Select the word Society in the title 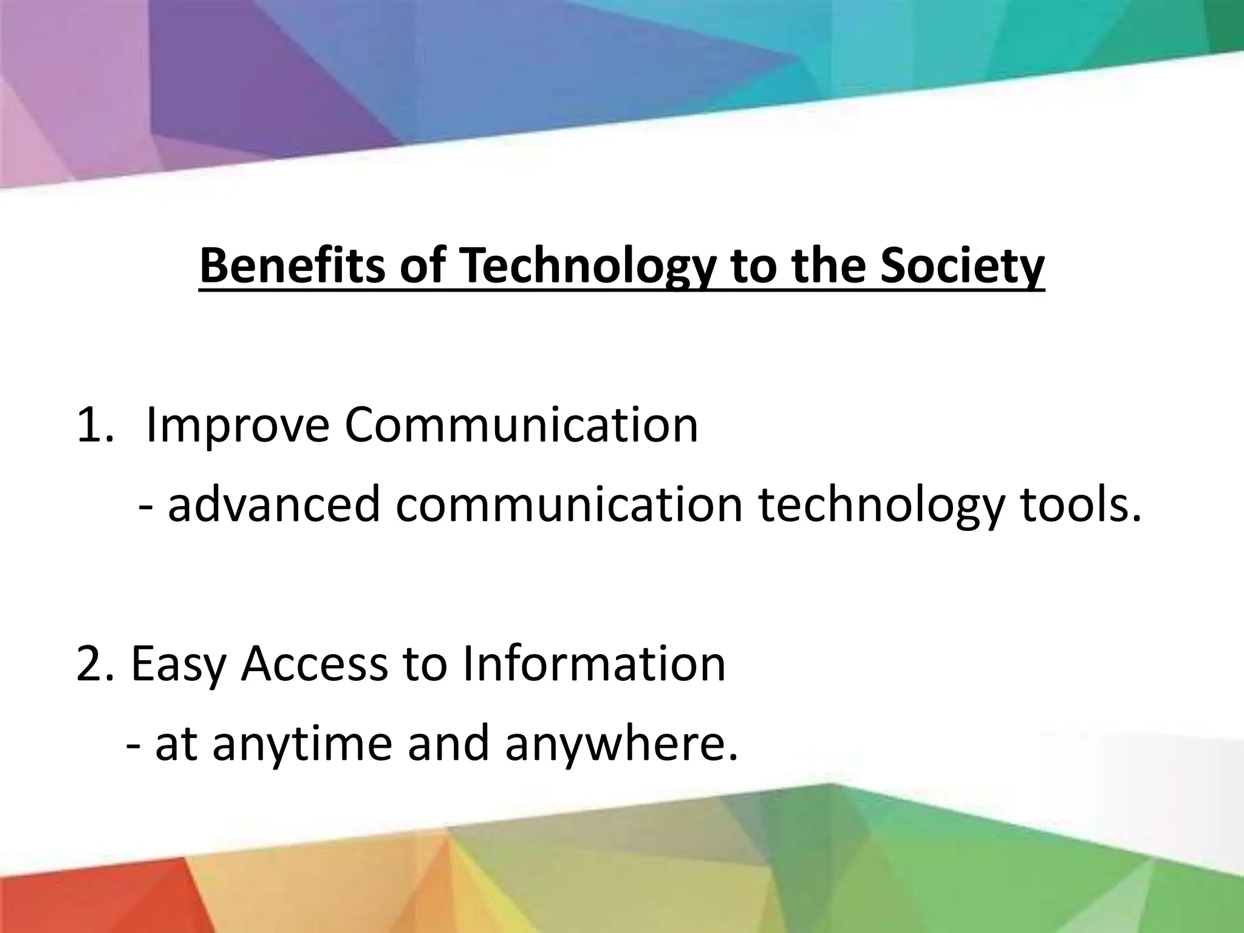[x=962, y=267]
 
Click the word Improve [x=238, y=426]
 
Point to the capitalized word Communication [x=521, y=425]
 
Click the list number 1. [x=92, y=426]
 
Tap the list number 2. [x=92, y=664]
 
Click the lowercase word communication [x=569, y=504]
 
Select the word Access [x=314, y=664]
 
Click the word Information [x=593, y=664]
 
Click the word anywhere [x=621, y=745]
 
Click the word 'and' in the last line [x=448, y=743]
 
